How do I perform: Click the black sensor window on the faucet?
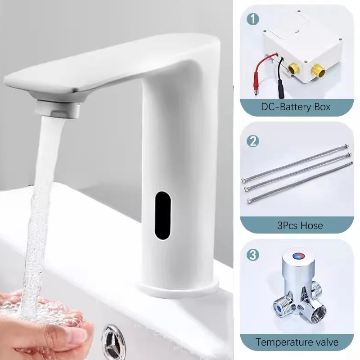coord(162,215)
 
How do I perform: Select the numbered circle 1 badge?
coord(254,19)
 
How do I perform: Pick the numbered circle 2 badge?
coord(254,141)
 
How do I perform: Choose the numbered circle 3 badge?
coord(254,255)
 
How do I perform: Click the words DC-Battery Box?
coord(296,107)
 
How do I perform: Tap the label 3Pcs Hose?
coord(300,225)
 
